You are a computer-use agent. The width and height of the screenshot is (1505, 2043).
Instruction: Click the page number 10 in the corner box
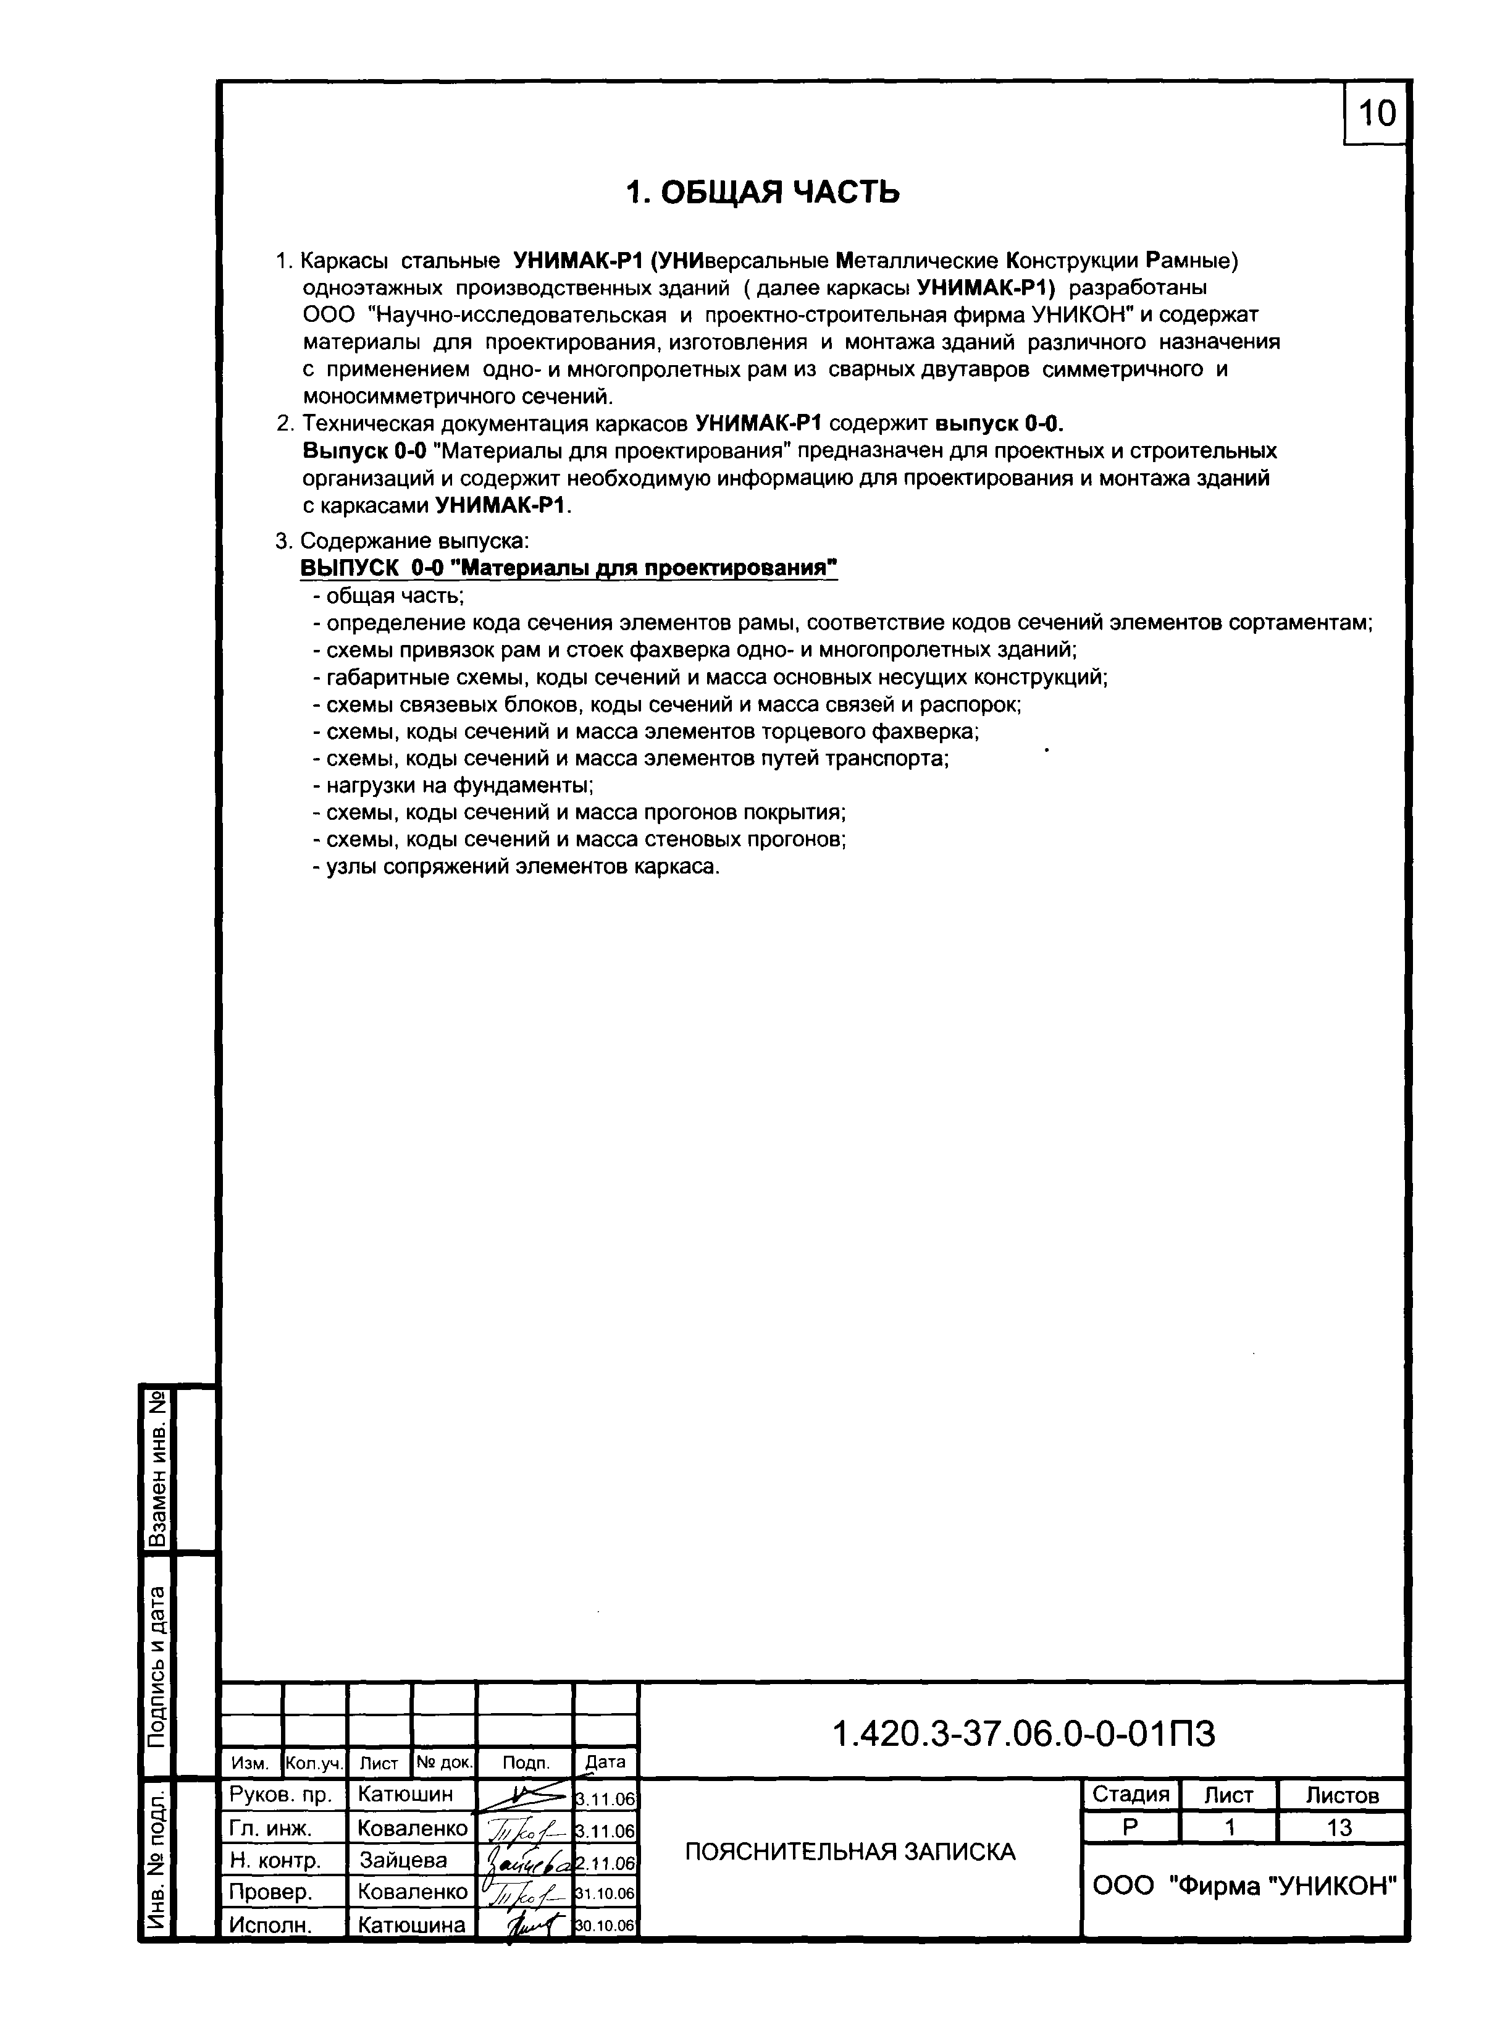1377,114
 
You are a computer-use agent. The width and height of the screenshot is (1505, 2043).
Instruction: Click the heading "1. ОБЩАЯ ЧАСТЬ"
763,192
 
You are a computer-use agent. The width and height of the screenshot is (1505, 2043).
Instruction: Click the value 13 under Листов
1340,1827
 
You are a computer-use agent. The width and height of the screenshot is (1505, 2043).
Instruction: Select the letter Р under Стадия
1130,1827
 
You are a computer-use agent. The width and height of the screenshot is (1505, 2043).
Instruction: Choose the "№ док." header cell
445,1763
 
